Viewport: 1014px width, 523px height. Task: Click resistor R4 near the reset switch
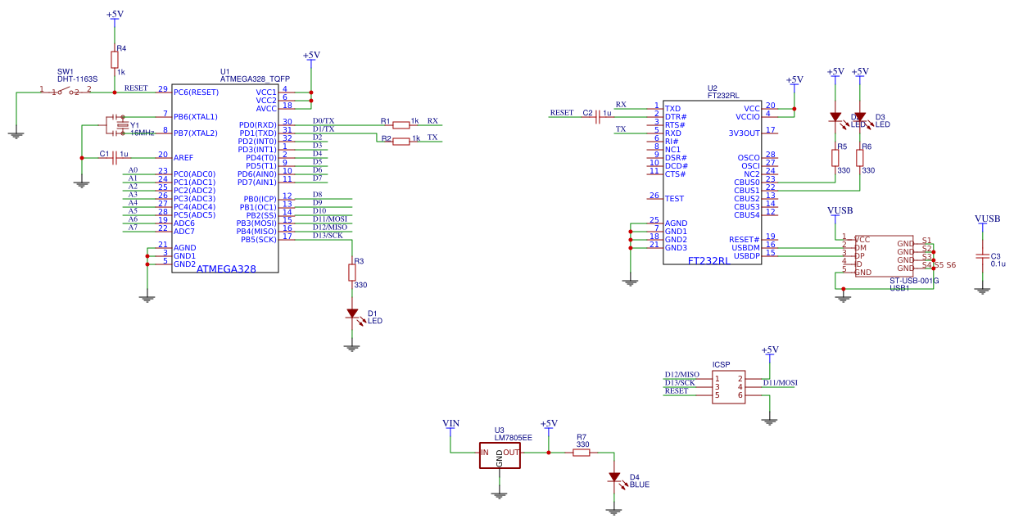[x=115, y=59]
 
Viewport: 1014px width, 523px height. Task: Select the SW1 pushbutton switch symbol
[x=66, y=92]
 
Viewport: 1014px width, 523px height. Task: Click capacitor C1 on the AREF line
[x=116, y=157]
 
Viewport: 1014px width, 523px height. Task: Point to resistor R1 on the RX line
[x=401, y=124]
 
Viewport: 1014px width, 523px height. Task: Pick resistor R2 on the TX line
[x=401, y=141]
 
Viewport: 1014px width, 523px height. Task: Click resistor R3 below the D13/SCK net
[x=352, y=271]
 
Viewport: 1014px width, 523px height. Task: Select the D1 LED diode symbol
[x=352, y=313]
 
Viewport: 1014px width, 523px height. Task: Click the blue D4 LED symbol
[x=614, y=477]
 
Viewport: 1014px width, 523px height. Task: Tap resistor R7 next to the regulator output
[x=581, y=452]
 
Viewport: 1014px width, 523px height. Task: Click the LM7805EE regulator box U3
[x=500, y=456]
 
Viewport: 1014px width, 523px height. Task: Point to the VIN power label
[x=450, y=423]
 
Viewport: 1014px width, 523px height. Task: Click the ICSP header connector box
[x=728, y=386]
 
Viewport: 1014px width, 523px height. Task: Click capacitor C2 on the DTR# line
[x=598, y=116]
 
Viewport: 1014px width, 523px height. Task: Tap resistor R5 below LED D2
[x=835, y=157]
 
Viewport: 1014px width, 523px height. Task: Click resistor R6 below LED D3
[x=860, y=157]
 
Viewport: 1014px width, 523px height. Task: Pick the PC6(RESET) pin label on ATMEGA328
[x=196, y=92]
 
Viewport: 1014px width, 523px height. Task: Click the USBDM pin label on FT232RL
[x=745, y=247]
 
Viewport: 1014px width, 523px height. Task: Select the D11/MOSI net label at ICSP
[x=780, y=382]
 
